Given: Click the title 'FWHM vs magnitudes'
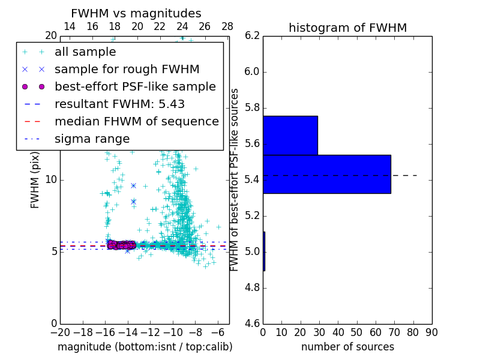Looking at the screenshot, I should pos(136,13).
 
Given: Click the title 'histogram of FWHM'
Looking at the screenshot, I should pos(347,28).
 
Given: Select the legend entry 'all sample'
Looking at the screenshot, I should pos(85,52).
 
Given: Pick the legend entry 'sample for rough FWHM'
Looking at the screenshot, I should pos(127,70).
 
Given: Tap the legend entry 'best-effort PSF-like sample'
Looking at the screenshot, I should pos(135,87).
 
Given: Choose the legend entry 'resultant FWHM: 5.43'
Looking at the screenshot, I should pos(119,104).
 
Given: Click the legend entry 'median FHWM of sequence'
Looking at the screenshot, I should pos(136,122).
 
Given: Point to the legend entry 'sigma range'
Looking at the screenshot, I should pos(92,139).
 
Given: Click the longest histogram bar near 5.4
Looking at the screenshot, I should pos(326,174).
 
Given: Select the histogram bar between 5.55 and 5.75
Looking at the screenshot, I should pos(290,135).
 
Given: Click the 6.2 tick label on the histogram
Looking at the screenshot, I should pos(252,36).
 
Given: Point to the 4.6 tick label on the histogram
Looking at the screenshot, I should pos(252,323).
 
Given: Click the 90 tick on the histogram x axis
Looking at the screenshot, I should pos(431,332).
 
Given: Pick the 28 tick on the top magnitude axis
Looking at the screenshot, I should pos(227,26).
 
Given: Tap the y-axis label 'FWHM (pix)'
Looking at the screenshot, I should pos(35,180).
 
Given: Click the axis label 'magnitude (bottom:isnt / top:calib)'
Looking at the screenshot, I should pos(145,347).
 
